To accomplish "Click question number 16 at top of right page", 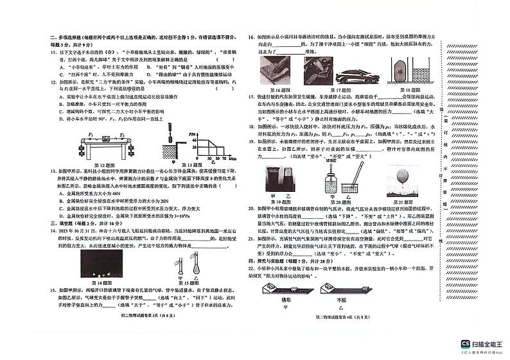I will (252, 39).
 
